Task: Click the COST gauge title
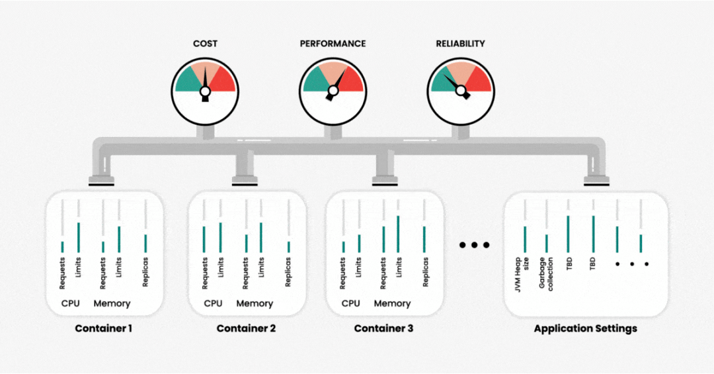[x=205, y=44]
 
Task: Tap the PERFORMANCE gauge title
[x=333, y=44]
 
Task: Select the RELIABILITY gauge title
[x=460, y=44]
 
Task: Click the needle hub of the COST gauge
[x=205, y=90]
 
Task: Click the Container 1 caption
[x=103, y=328]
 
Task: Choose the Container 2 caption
[x=246, y=328]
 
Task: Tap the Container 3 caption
[x=383, y=328]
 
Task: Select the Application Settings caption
[x=585, y=328]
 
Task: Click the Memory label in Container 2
[x=255, y=304]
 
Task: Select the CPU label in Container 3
[x=351, y=304]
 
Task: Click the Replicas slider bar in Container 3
[x=424, y=239]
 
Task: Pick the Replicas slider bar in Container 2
[x=288, y=246]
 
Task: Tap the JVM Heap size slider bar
[x=525, y=239]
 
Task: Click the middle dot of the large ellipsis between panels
[x=474, y=245]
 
